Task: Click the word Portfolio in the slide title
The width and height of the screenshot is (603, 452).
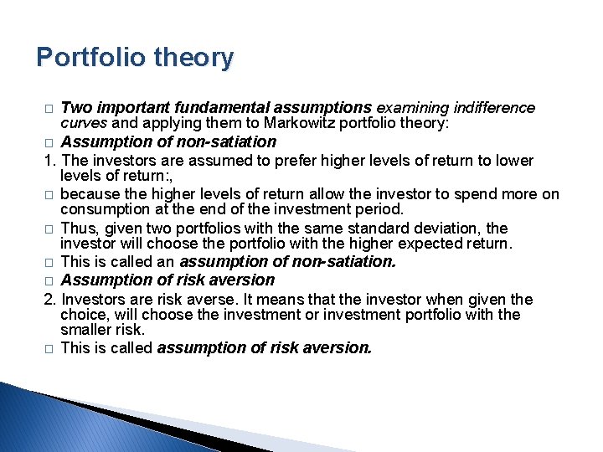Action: tap(90, 58)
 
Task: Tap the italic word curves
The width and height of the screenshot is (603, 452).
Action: tap(81, 123)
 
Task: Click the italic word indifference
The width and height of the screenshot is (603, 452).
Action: tap(494, 108)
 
